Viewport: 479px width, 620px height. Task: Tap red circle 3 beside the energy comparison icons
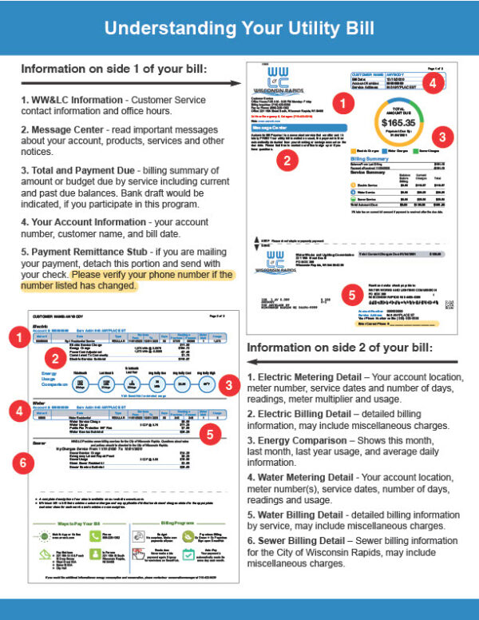228,385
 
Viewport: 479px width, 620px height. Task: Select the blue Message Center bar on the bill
297,125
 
